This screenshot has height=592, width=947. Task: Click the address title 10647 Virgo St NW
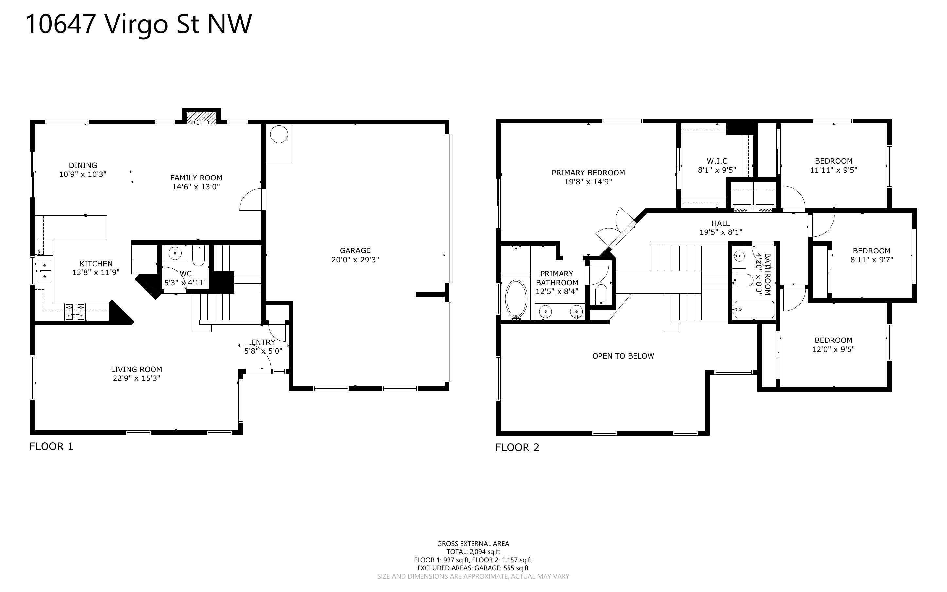pos(139,24)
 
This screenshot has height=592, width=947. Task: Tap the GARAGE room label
pos(355,250)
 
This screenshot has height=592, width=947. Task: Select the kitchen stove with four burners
pos(75,311)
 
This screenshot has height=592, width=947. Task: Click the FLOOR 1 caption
pos(51,446)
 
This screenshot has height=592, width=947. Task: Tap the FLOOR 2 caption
pos(517,448)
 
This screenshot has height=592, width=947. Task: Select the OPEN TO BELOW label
pos(623,356)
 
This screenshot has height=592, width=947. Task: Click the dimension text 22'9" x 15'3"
pos(136,378)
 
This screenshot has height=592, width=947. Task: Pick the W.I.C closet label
pos(717,161)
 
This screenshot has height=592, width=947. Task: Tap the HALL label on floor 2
pos(721,223)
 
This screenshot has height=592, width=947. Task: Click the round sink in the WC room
pos(175,253)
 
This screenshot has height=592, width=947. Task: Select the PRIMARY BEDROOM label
pos(588,173)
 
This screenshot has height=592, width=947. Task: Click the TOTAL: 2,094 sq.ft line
pos(473,552)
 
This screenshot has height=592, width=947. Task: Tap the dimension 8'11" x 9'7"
pos(872,259)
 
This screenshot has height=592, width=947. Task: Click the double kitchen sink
pos(44,271)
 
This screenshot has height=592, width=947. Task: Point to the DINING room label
pos(83,165)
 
